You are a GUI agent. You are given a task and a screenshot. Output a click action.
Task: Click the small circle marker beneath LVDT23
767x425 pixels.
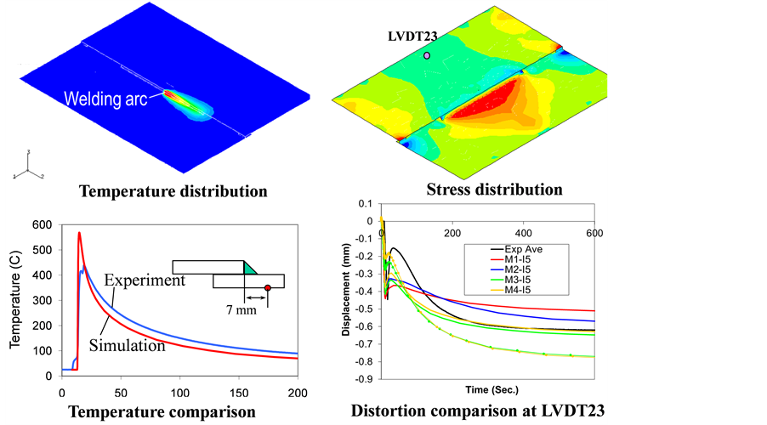click(x=427, y=55)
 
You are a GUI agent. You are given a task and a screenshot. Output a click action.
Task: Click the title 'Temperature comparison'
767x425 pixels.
click(x=162, y=412)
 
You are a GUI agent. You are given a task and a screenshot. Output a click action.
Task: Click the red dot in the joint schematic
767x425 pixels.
click(x=267, y=288)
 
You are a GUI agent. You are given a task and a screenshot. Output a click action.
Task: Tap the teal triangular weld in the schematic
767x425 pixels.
click(x=252, y=268)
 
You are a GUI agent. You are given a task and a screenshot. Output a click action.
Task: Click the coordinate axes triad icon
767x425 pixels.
click(x=28, y=170)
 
